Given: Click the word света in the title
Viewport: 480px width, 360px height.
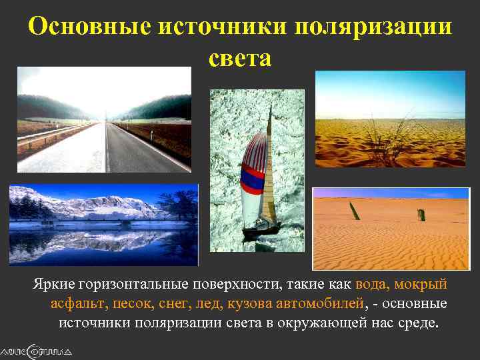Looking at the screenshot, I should (x=240, y=59).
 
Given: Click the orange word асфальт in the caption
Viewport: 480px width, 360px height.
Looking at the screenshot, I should (x=76, y=304).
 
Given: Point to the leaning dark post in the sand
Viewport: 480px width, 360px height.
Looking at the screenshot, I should (x=355, y=211).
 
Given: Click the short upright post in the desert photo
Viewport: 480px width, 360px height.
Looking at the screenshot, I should (x=421, y=215).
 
